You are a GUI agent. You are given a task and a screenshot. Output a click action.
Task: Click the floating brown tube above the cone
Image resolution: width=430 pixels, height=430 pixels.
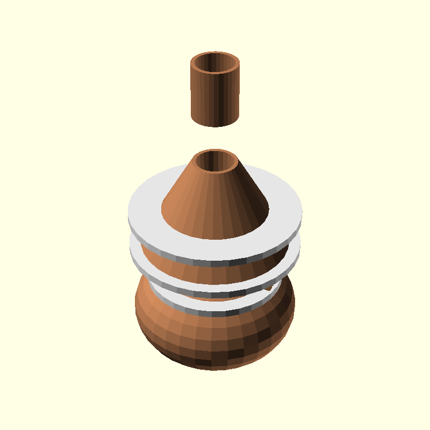coord(215,91)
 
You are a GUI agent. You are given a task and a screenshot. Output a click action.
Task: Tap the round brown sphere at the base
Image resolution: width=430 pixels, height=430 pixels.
coord(215,339)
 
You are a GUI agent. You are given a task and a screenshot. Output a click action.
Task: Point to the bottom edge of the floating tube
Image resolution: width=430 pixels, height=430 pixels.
coord(215,125)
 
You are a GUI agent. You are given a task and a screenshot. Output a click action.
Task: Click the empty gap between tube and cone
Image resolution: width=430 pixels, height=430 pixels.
coord(215,139)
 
